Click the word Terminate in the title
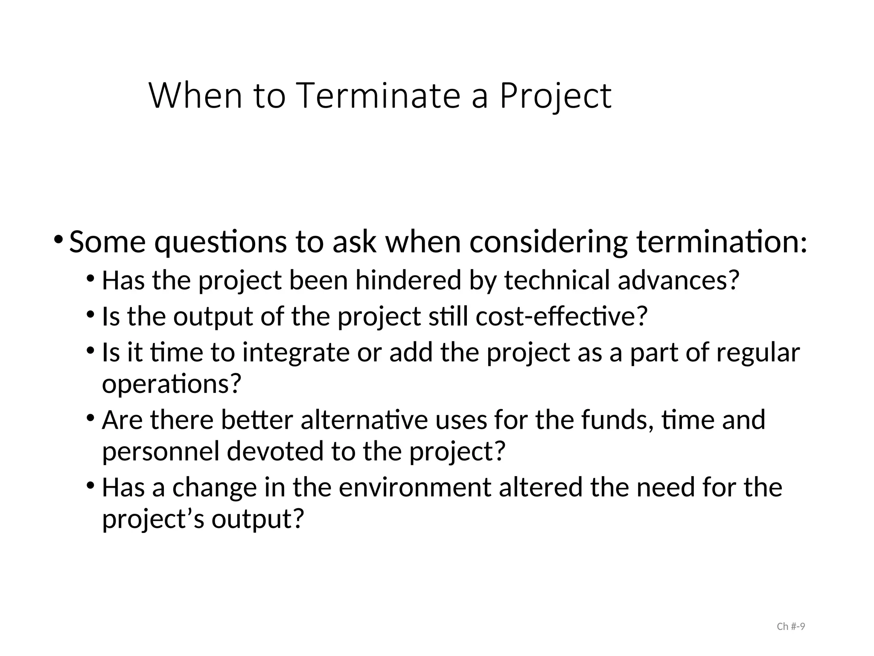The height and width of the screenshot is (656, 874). tap(377, 95)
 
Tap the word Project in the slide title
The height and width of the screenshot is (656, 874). tap(555, 95)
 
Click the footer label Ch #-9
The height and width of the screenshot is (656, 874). tap(791, 627)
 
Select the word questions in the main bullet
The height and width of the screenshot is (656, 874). tap(220, 242)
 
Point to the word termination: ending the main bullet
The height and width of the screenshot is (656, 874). tap(722, 242)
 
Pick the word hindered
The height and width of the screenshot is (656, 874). tap(408, 281)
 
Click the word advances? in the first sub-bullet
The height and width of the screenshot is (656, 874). tap(678, 281)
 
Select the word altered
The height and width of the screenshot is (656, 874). tap(540, 487)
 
